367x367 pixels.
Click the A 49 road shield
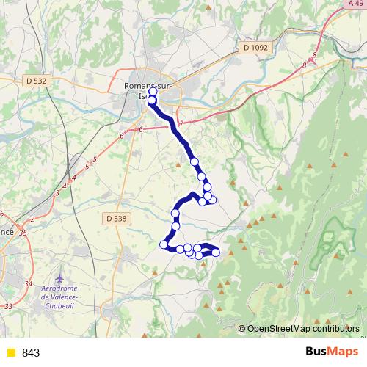coord(356,4)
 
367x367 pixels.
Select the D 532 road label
coord(34,80)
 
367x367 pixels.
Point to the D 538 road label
coord(116,218)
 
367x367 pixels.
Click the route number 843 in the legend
coord(31,353)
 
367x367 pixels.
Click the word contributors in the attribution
coord(338,329)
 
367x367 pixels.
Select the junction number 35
coord(23,233)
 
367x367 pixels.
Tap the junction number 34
coord(29,283)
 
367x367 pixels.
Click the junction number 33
coord(8,305)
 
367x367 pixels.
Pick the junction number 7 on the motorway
coord(181,122)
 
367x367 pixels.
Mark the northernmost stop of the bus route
coord(153,92)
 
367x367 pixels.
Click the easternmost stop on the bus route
coord(215,252)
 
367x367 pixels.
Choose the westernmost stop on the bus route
coord(164,244)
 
